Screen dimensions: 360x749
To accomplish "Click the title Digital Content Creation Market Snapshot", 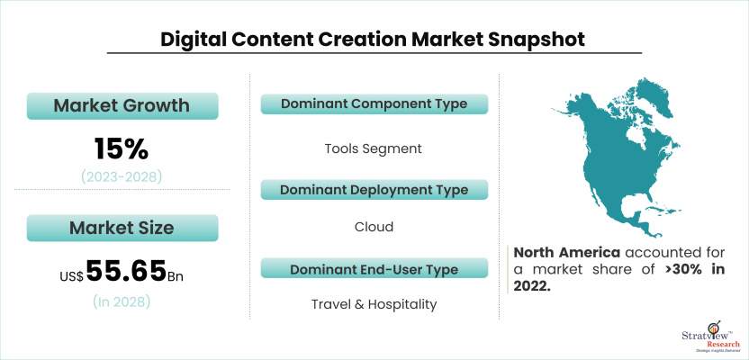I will click(x=373, y=40).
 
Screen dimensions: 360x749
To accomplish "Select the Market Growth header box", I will click(x=122, y=105).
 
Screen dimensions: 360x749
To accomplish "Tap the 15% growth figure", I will click(x=122, y=147).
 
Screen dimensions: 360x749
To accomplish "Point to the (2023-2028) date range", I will click(x=122, y=176).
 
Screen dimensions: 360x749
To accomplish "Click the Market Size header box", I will click(x=122, y=228).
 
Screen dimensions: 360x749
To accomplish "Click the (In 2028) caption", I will click(x=122, y=302).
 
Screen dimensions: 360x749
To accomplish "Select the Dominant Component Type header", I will click(x=374, y=103).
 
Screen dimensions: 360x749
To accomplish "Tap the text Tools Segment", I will click(x=374, y=148).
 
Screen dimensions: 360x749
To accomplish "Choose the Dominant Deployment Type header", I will click(x=374, y=190).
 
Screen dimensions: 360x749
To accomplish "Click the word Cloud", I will click(x=374, y=227).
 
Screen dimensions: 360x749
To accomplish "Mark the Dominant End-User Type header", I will click(x=374, y=269).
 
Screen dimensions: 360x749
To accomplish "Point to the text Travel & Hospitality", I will click(x=374, y=304).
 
